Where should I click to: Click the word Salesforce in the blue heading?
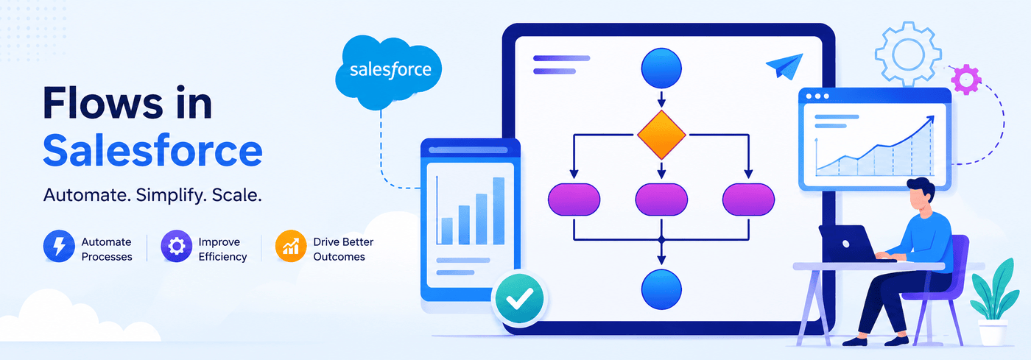click(152, 150)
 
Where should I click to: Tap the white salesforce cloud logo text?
click(390, 70)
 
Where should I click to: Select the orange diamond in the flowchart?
click(661, 135)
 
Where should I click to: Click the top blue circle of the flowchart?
click(661, 68)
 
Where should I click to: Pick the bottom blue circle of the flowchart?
click(661, 289)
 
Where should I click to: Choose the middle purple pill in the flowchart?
click(661, 200)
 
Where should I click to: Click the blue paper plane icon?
click(787, 66)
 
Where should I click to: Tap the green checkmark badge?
click(519, 299)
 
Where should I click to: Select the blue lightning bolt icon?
click(59, 246)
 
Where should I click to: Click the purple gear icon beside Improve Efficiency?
click(176, 246)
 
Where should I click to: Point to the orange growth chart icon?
click(291, 246)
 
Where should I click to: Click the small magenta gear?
click(966, 80)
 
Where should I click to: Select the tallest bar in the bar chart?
click(499, 211)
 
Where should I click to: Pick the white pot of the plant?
click(993, 332)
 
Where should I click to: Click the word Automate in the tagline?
click(88, 195)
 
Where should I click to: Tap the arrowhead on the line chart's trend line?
click(930, 120)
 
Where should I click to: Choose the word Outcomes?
click(339, 256)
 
